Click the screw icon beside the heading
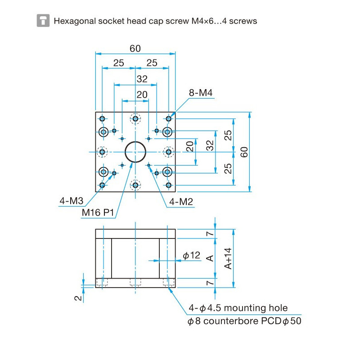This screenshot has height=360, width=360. pos(43,21)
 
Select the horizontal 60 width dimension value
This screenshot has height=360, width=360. pos(135,49)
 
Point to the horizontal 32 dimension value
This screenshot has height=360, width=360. pos(142,79)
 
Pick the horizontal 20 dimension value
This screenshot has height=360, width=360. pos(142,94)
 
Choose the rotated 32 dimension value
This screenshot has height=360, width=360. pos(210,145)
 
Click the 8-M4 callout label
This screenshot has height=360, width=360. pos(200,93)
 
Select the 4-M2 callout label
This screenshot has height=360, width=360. pos(181,202)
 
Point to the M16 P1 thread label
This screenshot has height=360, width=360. pos(98,212)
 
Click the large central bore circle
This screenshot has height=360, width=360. pos(135,152)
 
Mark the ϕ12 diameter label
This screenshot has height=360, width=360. pos(191,256)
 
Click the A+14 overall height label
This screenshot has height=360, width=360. pos(228,258)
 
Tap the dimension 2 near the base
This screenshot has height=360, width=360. pos(78,297)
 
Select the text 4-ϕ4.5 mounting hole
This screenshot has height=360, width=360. pos(238,308)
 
